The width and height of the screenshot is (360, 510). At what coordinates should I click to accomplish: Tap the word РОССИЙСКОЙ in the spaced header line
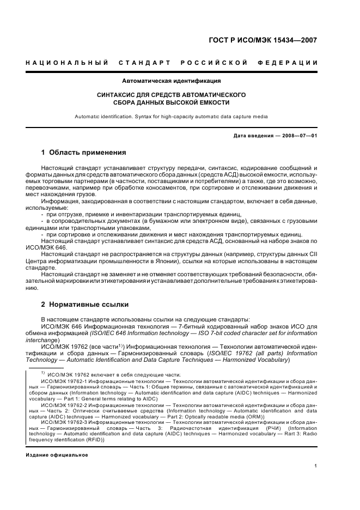coord(214,63)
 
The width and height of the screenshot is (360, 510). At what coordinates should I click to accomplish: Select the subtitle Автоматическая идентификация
coord(171,81)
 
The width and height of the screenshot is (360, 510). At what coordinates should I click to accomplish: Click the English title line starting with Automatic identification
coord(171,116)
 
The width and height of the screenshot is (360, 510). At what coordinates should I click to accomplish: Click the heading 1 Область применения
coord(84,153)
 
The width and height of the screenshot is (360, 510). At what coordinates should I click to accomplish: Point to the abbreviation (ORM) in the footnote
coord(254,417)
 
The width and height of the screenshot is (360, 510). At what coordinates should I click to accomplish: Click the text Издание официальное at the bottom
coord(57,455)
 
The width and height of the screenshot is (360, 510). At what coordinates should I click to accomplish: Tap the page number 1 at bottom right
coord(316,465)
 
